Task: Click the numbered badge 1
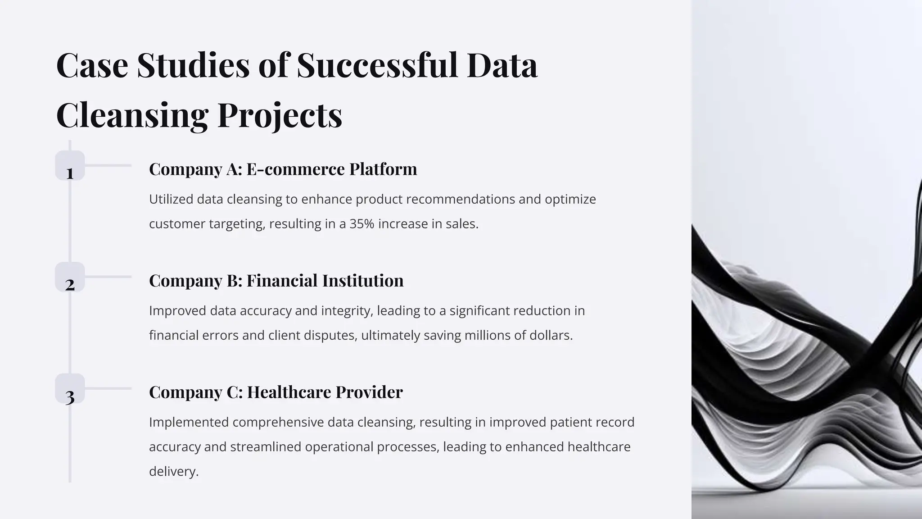pos(70,166)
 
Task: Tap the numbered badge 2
pos(70,277)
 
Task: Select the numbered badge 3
pos(70,389)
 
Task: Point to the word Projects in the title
pos(280,114)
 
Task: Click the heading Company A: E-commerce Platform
pos(283,169)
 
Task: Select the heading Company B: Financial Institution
pos(276,280)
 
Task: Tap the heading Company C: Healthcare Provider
pos(276,392)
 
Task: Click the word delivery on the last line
pos(173,472)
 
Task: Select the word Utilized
pos(171,199)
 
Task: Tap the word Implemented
pos(189,422)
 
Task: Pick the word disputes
pos(330,336)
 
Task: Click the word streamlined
pos(266,447)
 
